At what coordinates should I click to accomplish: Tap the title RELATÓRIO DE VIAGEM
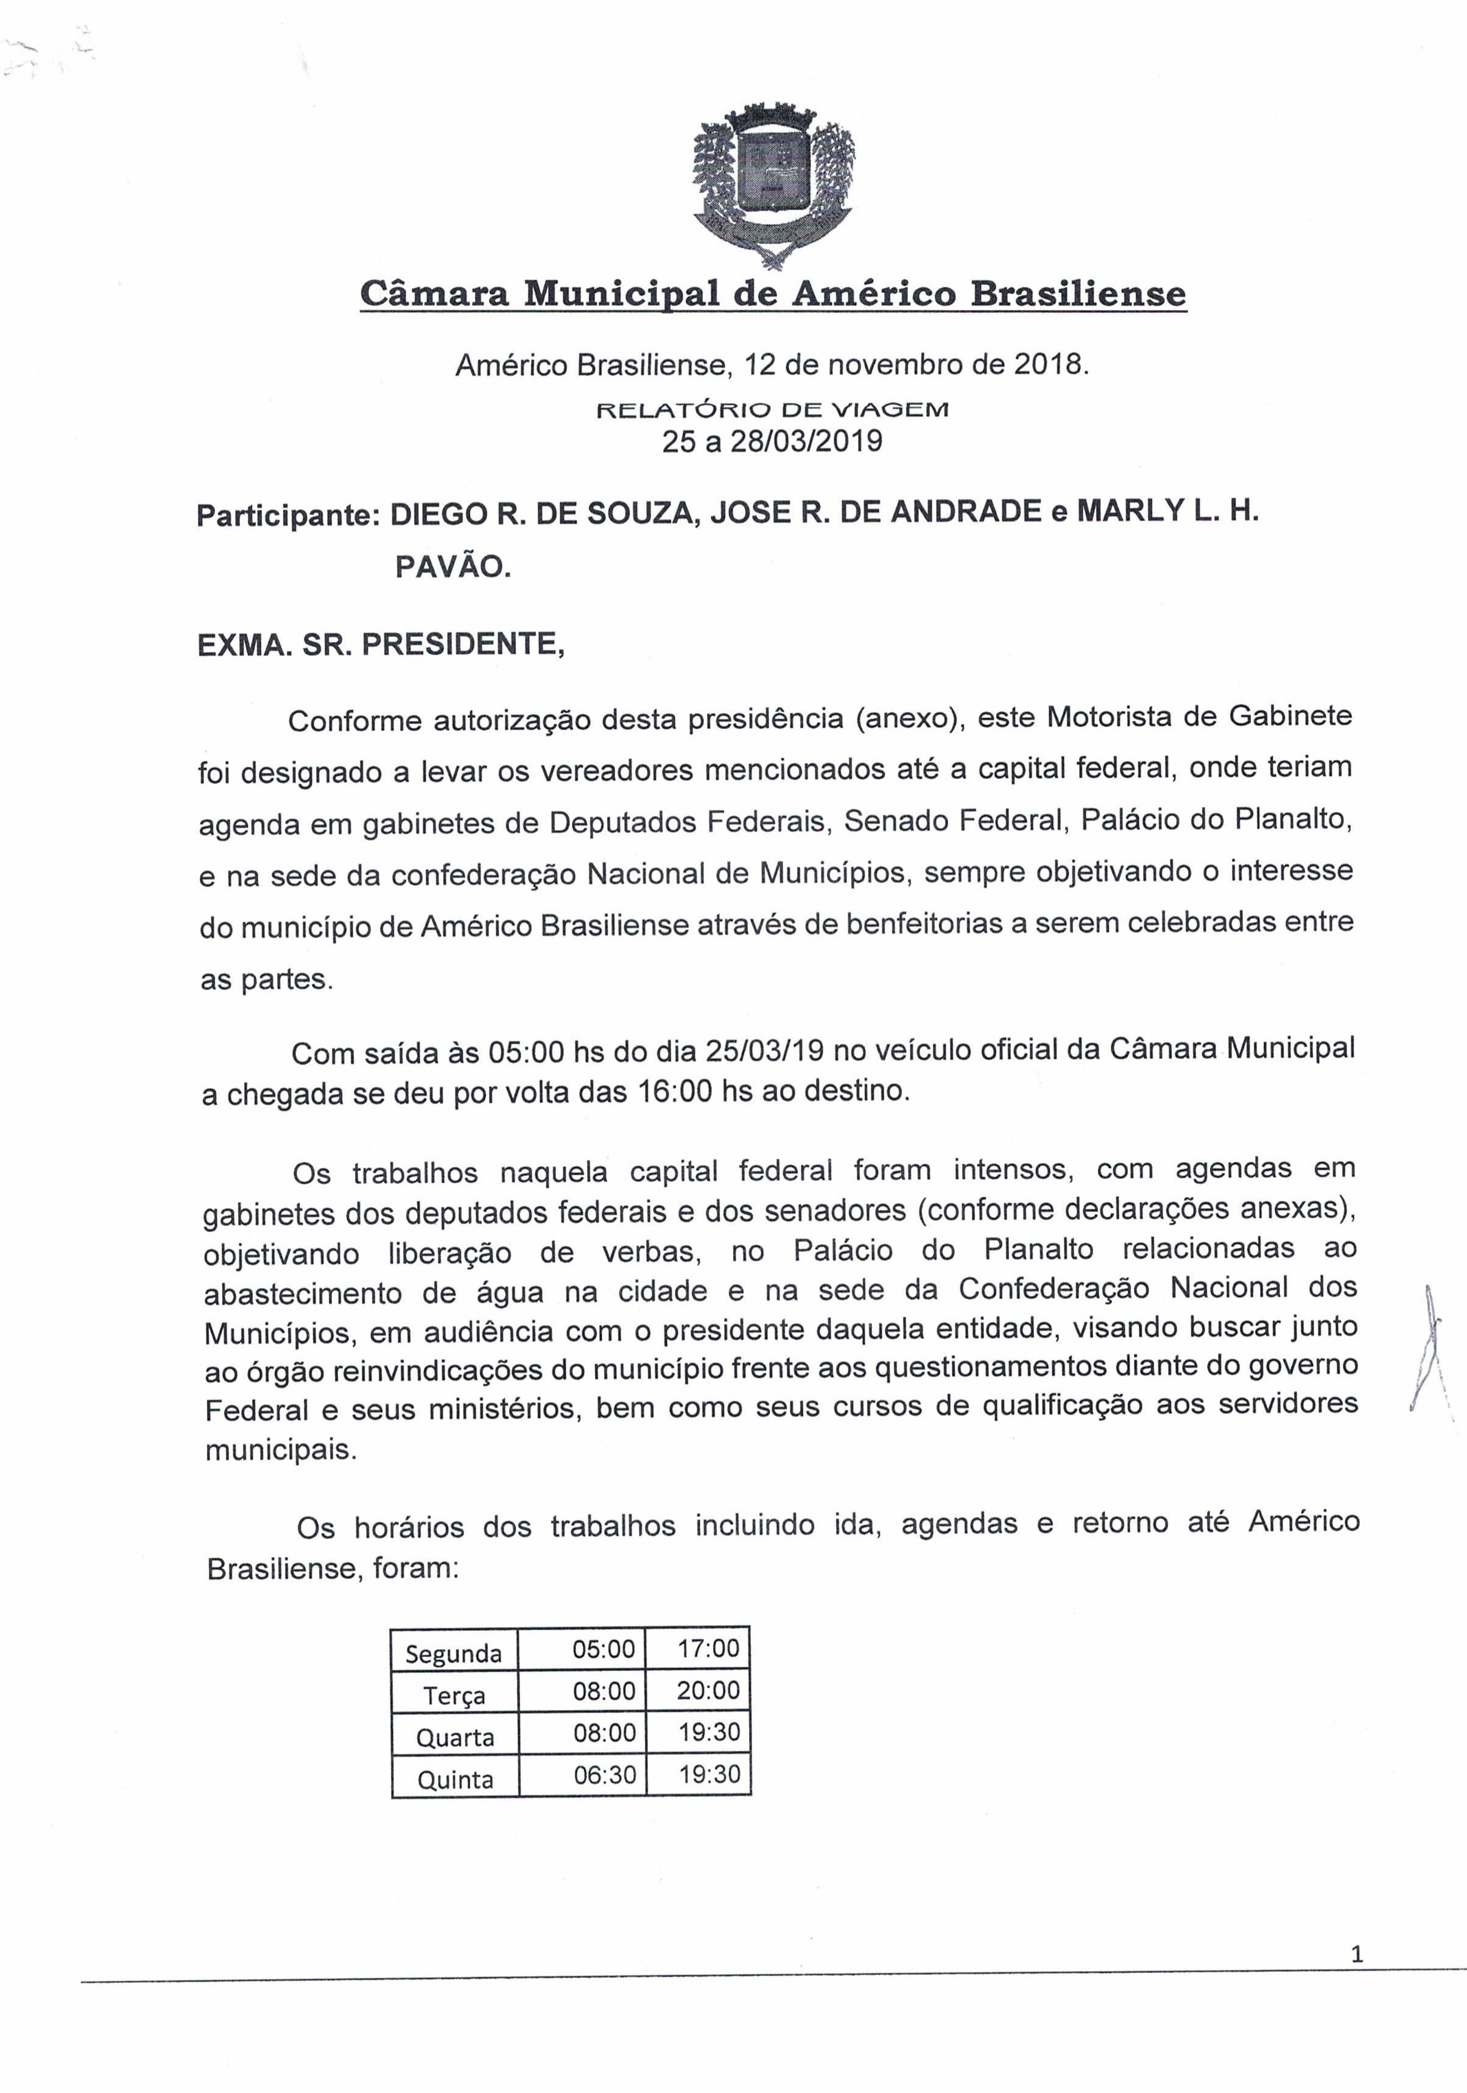tap(772, 410)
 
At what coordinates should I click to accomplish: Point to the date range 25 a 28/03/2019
tap(772, 441)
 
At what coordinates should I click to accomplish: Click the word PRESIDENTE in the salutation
tap(463, 644)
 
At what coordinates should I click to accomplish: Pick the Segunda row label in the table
tap(453, 1653)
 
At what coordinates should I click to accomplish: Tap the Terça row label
tap(453, 1695)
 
